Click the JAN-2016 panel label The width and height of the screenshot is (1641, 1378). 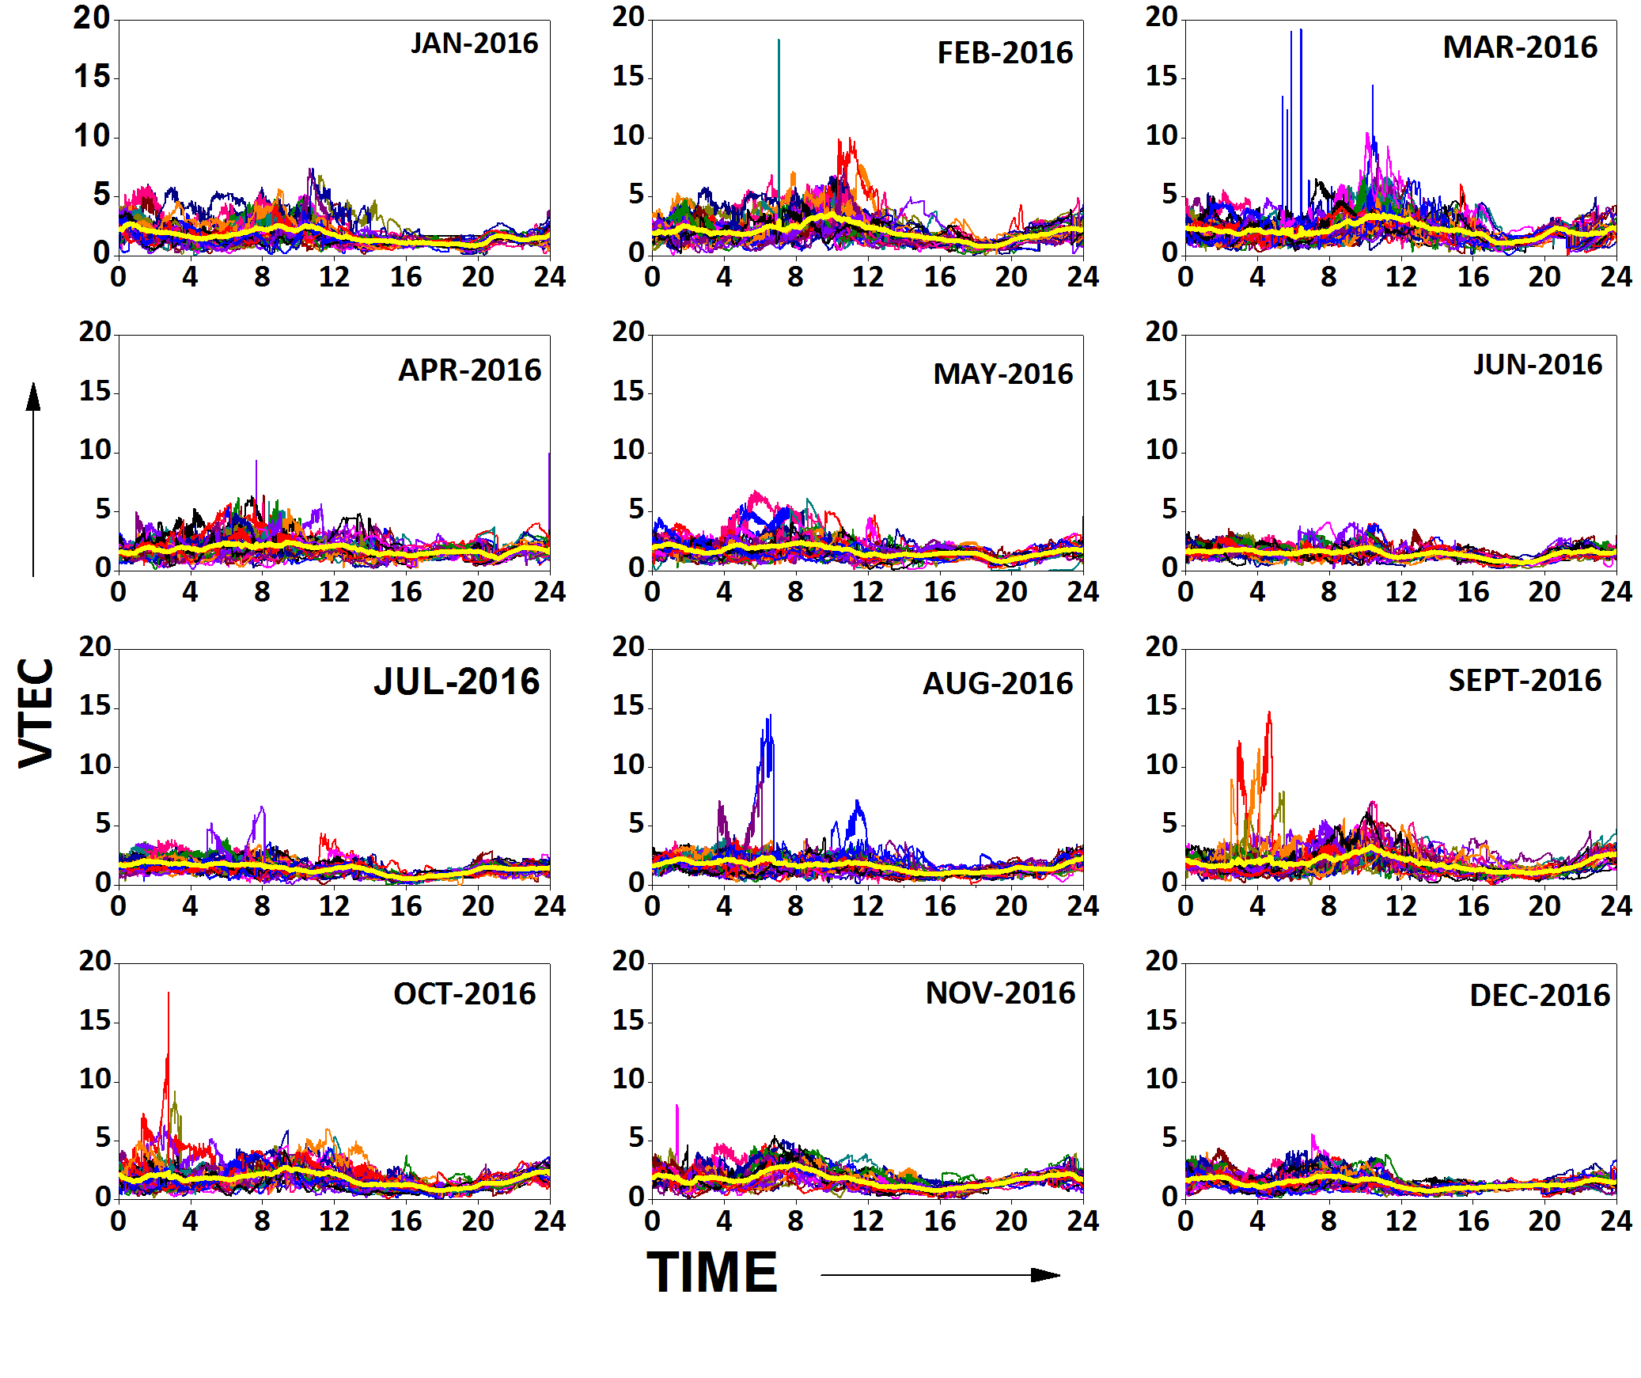[x=474, y=44]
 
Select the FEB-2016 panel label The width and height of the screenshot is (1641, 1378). [x=1004, y=53]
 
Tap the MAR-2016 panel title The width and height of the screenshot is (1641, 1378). [x=1519, y=47]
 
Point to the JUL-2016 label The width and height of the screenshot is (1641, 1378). [x=457, y=681]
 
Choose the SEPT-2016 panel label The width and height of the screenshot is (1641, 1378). [x=1524, y=681]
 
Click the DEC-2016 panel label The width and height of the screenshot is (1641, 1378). [x=1539, y=996]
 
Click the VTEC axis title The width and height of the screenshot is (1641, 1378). [x=36, y=712]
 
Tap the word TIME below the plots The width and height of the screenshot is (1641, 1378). [x=712, y=1273]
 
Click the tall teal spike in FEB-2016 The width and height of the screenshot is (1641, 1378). [x=779, y=95]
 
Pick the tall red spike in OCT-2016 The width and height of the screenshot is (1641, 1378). [x=168, y=1029]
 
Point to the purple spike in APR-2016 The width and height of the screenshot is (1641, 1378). [x=256, y=475]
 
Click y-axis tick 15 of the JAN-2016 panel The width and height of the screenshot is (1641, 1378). [x=92, y=77]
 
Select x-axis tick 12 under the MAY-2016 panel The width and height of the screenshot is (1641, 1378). [x=867, y=592]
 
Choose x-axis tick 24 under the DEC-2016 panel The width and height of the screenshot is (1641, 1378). [x=1616, y=1221]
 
